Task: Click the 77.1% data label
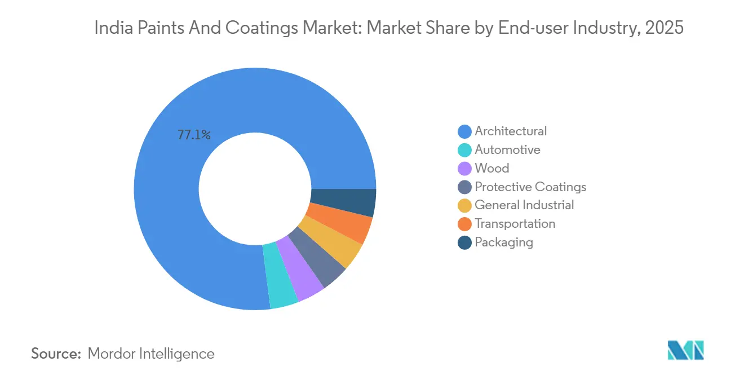(x=194, y=135)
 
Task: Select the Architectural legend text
(x=511, y=131)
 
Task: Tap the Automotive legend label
(x=507, y=150)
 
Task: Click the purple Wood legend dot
(x=465, y=169)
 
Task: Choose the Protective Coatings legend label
(x=530, y=187)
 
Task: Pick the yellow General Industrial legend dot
(x=465, y=206)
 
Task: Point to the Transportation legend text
(x=515, y=224)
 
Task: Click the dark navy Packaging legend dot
(x=465, y=242)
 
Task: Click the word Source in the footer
(x=56, y=354)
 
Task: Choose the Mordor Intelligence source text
(x=151, y=354)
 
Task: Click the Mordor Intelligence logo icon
(x=685, y=350)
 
